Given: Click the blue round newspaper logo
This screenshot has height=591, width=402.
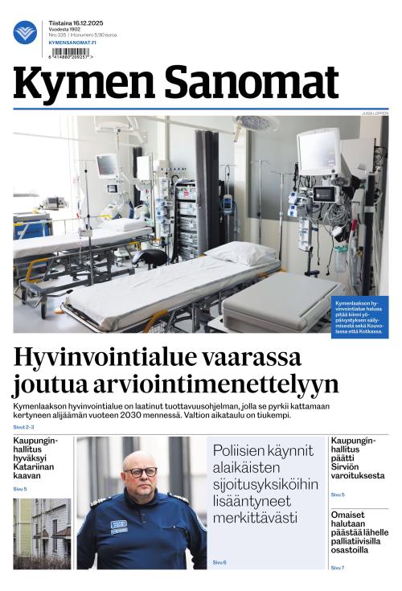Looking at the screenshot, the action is tap(25, 32).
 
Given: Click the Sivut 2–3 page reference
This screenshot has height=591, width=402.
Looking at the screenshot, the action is tap(23, 427).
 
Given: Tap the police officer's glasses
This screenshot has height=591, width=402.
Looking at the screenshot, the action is tap(141, 471).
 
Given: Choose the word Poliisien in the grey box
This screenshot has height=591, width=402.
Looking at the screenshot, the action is tap(242, 449).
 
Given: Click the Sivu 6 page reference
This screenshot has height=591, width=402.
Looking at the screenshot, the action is tap(219, 562).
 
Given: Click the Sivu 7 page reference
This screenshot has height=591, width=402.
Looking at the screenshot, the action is tap(338, 568).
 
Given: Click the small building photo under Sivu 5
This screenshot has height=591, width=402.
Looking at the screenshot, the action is tap(42, 532).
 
